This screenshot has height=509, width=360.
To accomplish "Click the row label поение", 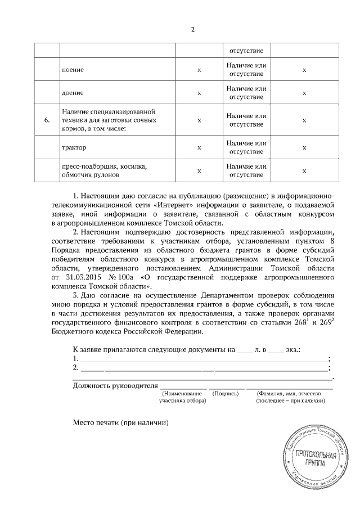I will (x=73, y=71).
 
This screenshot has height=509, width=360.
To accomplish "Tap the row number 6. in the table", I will (x=47, y=120).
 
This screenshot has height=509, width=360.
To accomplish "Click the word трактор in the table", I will (x=74, y=148).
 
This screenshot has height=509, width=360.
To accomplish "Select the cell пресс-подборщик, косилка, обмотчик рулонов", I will (x=103, y=170).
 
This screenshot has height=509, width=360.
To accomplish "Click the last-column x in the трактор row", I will (x=304, y=148).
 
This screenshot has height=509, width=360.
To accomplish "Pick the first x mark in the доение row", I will (x=199, y=93).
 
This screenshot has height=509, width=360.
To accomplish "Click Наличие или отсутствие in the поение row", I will (x=246, y=70).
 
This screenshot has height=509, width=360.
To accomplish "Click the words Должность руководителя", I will (x=114, y=386).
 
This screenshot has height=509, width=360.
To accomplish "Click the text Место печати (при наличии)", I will (x=120, y=422).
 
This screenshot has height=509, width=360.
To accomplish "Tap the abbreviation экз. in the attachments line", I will (x=292, y=349).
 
